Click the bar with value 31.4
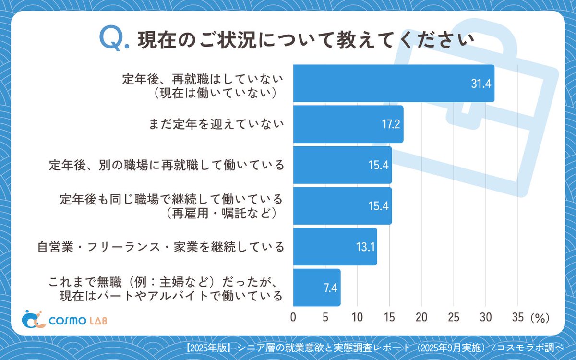coord(394,83)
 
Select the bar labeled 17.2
coord(348,124)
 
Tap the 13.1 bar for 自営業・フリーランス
coord(335,247)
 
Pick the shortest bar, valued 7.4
coord(316,288)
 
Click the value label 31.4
coord(480,84)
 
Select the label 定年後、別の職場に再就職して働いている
coord(166,165)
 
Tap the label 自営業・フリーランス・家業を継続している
coord(161,247)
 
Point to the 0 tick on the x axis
coord(293,318)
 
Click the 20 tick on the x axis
coord(421,318)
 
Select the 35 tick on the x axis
coord(517,318)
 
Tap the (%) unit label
coord(539,318)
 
